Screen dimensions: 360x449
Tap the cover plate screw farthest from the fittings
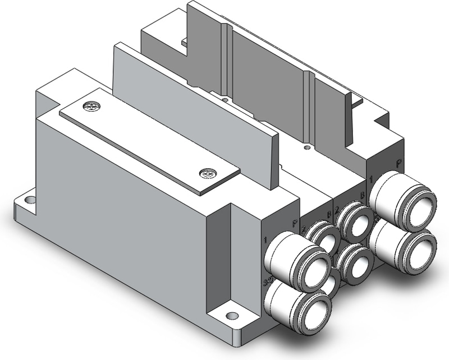(89, 105)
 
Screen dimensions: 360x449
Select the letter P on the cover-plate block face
(294, 223)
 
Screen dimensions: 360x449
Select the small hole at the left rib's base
(224, 100)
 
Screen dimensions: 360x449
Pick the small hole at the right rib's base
(306, 147)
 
